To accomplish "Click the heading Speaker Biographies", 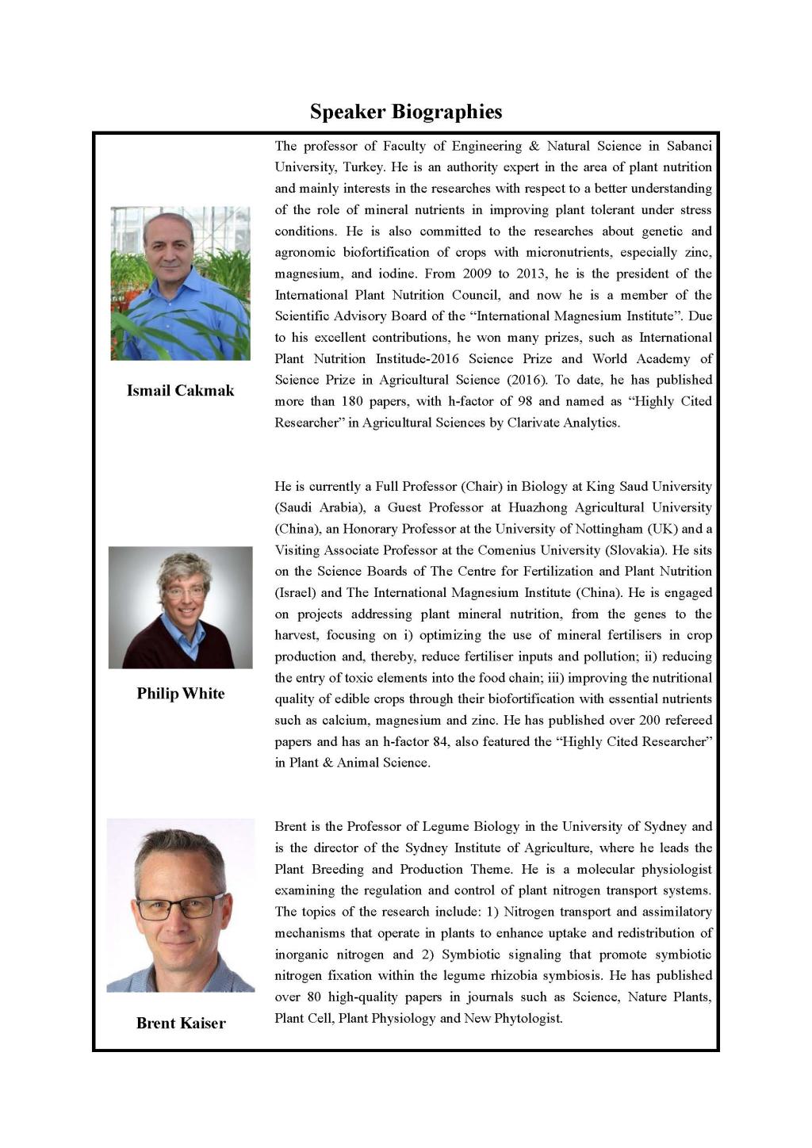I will click(405, 112).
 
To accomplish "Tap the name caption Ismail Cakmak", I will click(180, 390).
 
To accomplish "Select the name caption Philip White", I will click(180, 694).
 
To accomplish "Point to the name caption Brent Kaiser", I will click(181, 1023).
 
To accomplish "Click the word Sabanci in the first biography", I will click(689, 146).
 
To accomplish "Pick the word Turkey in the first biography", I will click(363, 167).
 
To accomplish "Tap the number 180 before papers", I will click(351, 401).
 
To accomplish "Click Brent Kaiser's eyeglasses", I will click(180, 905).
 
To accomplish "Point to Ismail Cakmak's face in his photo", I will click(168, 247).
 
